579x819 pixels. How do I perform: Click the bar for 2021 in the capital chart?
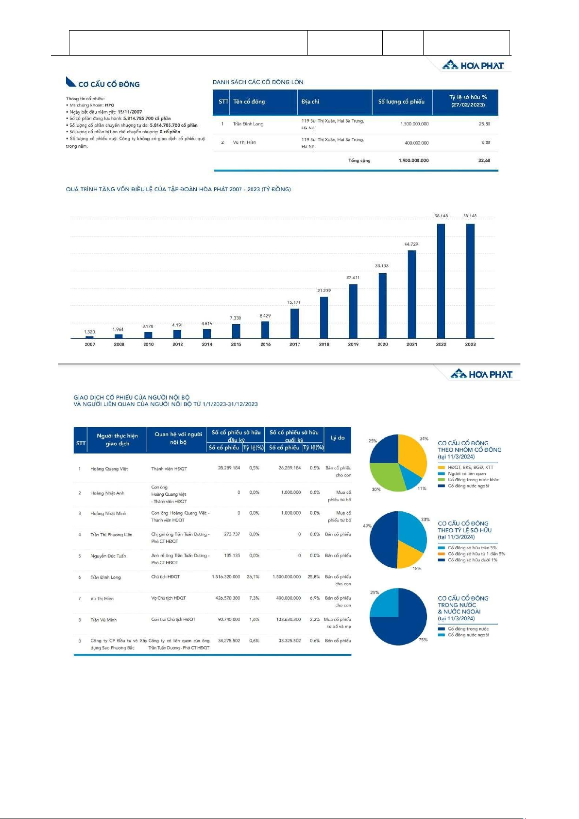click(412, 294)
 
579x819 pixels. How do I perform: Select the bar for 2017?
click(294, 323)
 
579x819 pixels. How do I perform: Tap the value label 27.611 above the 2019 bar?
click(353, 278)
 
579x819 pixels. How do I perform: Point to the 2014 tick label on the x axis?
click(207, 344)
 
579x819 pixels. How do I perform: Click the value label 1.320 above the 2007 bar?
click(89, 332)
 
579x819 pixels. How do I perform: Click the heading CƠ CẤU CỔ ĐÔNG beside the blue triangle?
click(109, 85)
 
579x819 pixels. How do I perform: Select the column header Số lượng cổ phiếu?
click(401, 102)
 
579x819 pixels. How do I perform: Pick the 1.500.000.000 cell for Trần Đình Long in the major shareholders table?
click(414, 124)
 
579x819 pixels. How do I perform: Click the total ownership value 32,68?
click(484, 160)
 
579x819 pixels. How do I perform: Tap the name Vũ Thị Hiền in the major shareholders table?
click(244, 142)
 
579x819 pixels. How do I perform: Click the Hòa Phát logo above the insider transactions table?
click(481, 374)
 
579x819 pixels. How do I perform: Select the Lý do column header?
click(337, 438)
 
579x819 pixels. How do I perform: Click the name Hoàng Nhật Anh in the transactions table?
click(107, 493)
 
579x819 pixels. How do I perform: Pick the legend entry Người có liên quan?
click(466, 473)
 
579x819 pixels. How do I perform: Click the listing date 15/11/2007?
click(130, 112)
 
